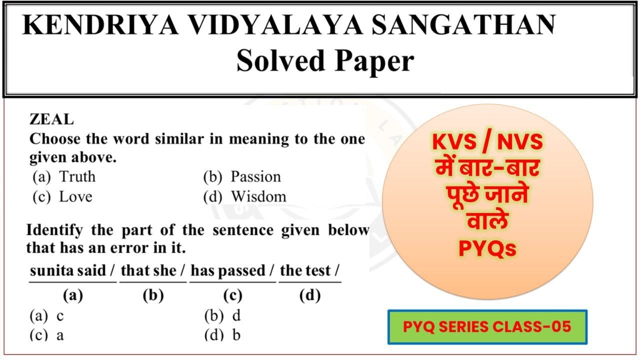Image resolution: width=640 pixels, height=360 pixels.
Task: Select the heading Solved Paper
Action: click(325, 61)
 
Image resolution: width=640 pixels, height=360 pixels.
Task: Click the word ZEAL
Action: click(51, 120)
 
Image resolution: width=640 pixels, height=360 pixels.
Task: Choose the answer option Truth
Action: click(77, 176)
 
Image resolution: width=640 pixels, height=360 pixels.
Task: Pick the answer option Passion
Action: click(255, 176)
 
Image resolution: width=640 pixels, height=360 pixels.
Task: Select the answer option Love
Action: click(75, 196)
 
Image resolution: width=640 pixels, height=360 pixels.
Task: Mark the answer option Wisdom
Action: click(258, 196)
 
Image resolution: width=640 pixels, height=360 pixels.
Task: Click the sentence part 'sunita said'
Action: click(68, 270)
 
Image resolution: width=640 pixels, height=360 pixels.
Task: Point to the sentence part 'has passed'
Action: click(228, 270)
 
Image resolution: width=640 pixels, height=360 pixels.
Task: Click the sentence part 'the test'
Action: click(306, 270)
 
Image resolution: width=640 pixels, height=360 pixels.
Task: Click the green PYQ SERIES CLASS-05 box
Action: click(487, 327)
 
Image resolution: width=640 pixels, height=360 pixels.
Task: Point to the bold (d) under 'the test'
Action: click(309, 296)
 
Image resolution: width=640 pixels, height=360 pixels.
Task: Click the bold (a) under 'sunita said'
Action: click(72, 296)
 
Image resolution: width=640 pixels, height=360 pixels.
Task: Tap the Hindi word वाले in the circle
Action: click(487, 221)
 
